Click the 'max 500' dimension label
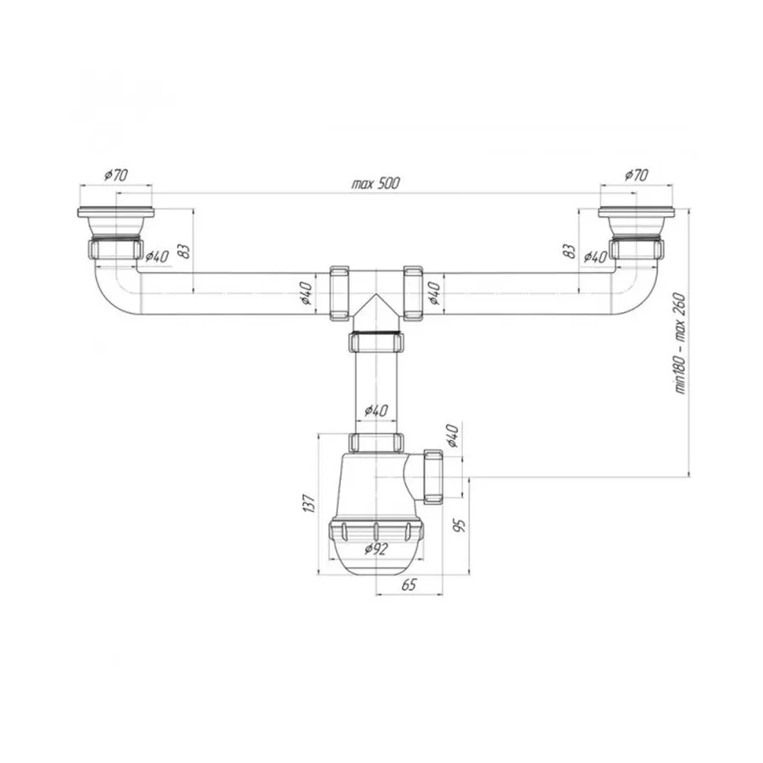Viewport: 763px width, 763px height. [x=376, y=183]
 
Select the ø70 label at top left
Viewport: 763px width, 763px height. [x=116, y=174]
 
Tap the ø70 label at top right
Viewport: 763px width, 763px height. [x=637, y=174]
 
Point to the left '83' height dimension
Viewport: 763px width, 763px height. [x=185, y=251]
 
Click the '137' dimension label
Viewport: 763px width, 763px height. [x=309, y=503]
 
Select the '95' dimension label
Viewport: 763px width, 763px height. [x=459, y=525]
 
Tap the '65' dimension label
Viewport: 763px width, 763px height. [x=409, y=584]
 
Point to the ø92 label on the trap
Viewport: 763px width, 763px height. [x=376, y=549]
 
